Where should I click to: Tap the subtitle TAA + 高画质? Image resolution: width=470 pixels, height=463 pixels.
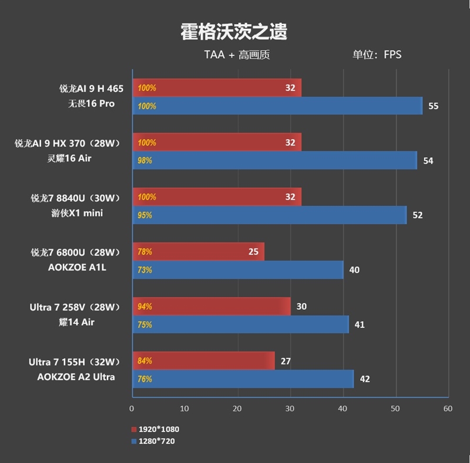(237, 55)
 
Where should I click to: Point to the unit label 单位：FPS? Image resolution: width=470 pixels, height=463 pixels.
(377, 55)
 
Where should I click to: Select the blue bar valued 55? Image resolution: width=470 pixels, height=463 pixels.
(277, 106)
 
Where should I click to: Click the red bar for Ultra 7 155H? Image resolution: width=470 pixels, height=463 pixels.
(203, 361)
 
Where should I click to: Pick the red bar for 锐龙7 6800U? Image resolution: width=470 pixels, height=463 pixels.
(198, 252)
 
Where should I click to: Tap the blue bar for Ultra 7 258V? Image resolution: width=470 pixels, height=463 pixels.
(240, 325)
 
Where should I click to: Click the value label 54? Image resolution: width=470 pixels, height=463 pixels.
(428, 161)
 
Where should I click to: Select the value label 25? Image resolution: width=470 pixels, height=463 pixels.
(253, 252)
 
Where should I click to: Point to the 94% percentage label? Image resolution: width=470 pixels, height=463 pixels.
(145, 306)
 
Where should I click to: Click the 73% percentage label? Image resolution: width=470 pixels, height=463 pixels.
(145, 270)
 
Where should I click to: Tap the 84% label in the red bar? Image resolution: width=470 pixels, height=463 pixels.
(145, 361)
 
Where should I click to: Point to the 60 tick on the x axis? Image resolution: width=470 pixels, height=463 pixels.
(448, 408)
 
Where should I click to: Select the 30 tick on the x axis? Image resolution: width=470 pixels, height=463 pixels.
(290, 408)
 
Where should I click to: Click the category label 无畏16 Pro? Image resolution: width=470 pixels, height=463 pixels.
(91, 104)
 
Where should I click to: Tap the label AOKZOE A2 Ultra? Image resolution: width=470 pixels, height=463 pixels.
(76, 377)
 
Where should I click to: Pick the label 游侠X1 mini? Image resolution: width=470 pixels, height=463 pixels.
(77, 213)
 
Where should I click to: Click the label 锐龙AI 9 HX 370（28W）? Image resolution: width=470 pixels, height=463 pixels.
(70, 143)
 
